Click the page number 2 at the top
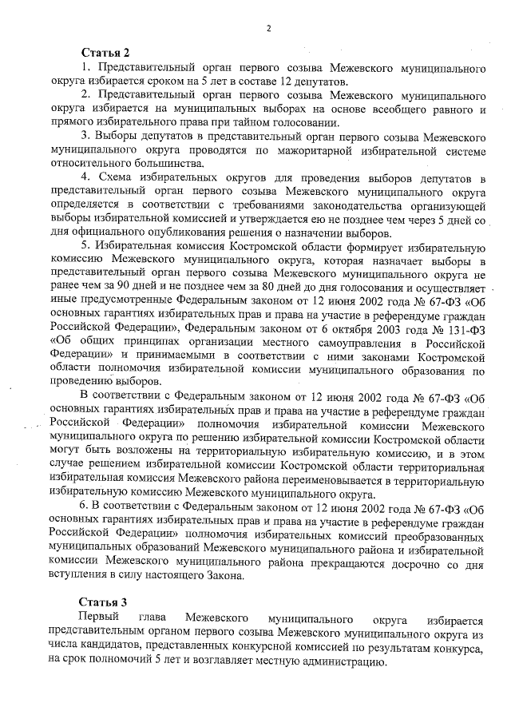coord(269,30)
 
